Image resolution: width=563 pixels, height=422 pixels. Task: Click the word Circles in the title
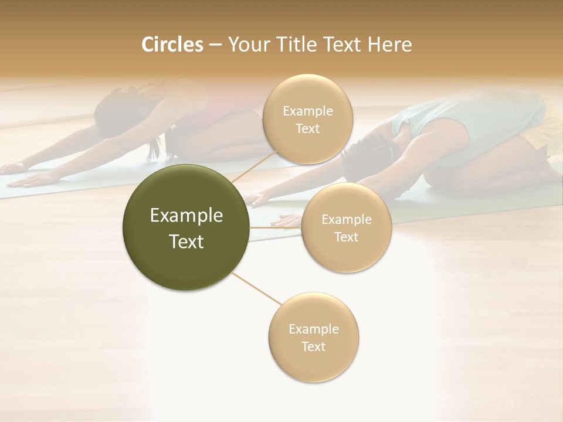[172, 45]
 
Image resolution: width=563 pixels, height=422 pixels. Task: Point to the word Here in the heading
[389, 45]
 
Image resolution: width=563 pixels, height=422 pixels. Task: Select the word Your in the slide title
[247, 45]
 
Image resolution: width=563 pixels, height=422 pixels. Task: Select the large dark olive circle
[186, 227]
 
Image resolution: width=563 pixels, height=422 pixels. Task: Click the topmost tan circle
[307, 120]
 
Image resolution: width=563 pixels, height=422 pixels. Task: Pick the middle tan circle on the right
[346, 227]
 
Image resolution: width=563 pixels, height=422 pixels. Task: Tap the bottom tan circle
[313, 337]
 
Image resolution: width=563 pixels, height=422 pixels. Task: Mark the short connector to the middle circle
[276, 227]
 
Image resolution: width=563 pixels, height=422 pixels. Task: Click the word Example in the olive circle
[186, 216]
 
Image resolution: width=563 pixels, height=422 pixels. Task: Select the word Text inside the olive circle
[186, 241]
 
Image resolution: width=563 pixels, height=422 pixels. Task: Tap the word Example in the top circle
[307, 111]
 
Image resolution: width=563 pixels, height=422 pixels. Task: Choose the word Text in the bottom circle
[313, 346]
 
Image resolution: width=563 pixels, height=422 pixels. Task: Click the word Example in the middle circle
[346, 220]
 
